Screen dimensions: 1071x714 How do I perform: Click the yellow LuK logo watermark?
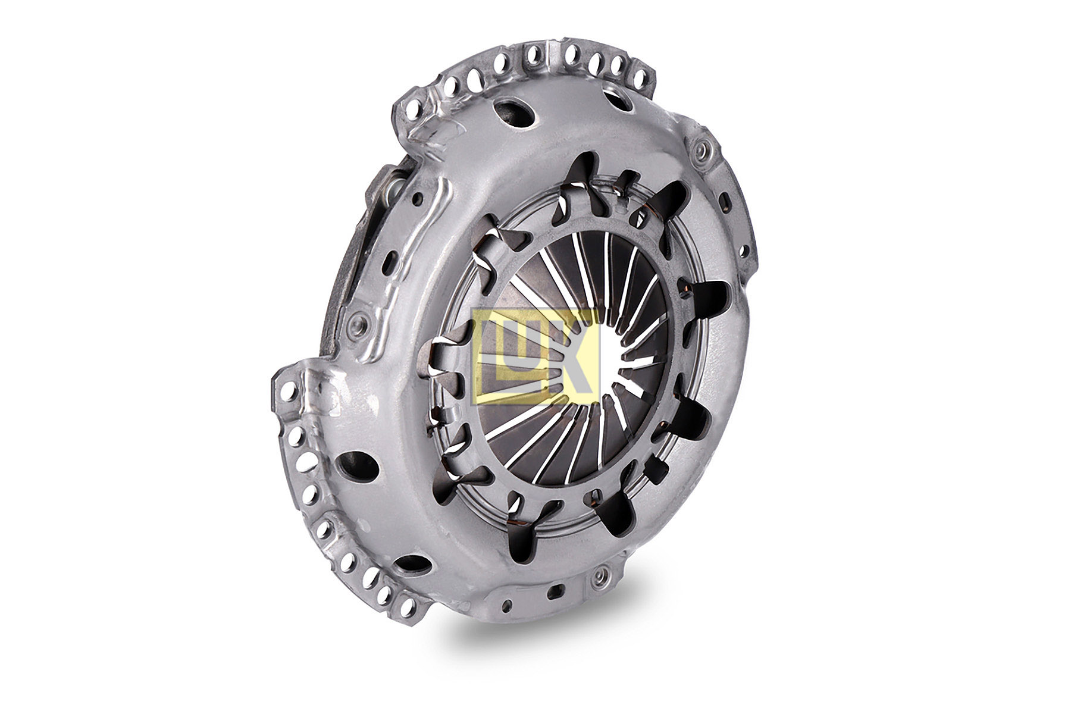[x=535, y=356]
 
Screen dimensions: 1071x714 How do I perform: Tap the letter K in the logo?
[x=565, y=356]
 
